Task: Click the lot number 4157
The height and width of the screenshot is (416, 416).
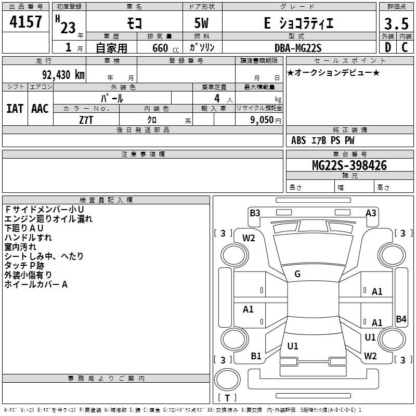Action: (25, 22)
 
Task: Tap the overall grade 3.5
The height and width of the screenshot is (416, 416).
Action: (396, 24)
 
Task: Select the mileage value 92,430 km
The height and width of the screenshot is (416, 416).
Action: (63, 75)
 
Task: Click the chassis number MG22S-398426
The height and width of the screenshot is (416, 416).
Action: (349, 165)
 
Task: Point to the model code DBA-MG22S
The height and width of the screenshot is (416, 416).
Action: (298, 48)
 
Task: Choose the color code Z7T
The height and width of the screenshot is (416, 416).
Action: (86, 120)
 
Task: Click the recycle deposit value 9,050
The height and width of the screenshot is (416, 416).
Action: (262, 120)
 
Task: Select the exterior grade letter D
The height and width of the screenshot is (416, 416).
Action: (388, 47)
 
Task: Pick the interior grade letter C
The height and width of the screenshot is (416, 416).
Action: (405, 47)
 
